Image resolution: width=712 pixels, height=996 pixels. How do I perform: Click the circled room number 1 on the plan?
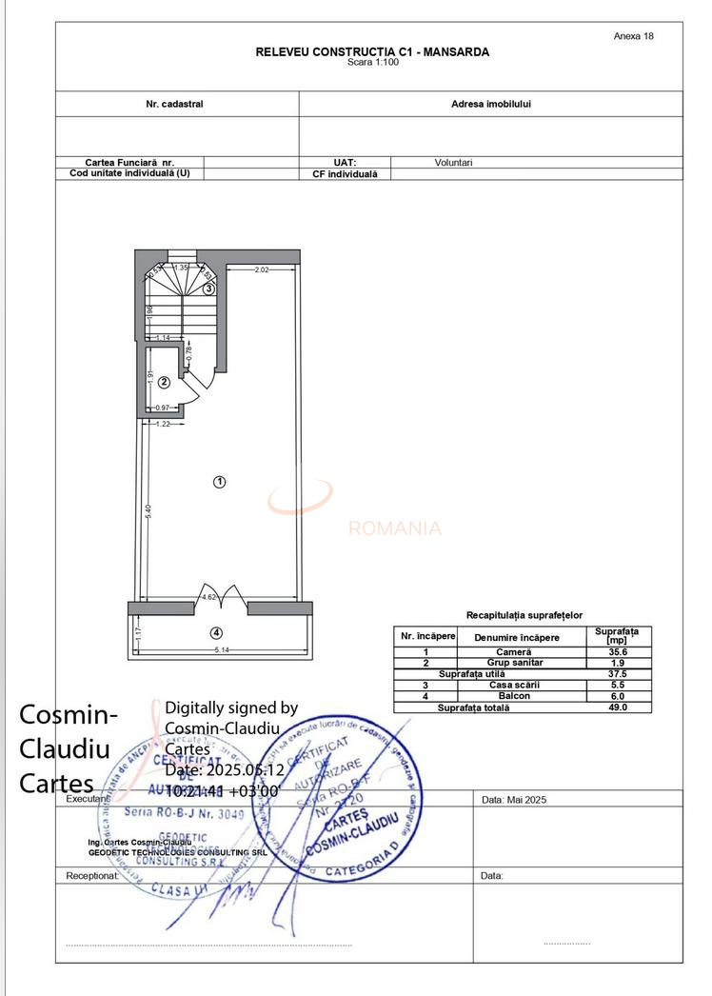219,482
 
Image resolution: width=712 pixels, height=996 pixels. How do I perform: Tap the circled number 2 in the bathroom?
164,383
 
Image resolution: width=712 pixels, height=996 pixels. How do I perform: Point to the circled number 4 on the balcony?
217,632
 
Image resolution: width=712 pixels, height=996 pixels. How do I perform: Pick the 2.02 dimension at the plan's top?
262,270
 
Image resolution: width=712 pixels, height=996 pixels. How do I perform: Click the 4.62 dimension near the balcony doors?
208,597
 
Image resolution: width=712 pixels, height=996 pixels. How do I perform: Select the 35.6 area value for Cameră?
617,652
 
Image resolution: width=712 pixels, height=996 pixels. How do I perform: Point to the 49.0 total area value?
617,707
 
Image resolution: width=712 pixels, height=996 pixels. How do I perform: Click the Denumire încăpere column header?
516,637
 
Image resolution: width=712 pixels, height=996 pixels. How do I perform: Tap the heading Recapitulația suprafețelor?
524,616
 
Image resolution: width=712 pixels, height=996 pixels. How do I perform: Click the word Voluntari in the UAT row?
453,163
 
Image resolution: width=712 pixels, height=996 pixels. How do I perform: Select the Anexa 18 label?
634,36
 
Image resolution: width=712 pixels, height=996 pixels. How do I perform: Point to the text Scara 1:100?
373,62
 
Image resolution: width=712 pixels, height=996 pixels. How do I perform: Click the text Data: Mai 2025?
514,800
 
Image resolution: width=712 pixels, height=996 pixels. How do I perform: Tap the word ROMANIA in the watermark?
395,528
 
